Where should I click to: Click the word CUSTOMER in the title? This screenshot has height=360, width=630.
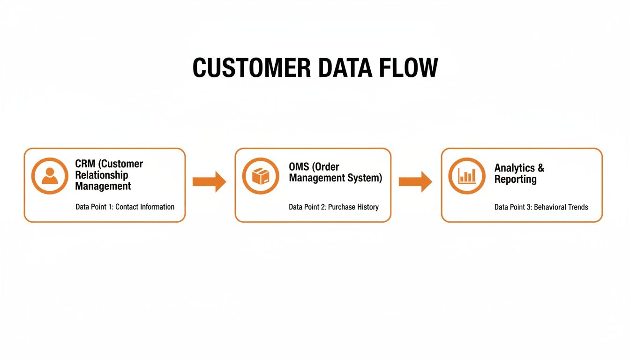(x=252, y=68)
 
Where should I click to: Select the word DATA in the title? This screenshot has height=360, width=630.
(x=341, y=68)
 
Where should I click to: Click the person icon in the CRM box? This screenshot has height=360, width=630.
(x=50, y=176)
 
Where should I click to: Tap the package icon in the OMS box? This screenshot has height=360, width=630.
(x=261, y=176)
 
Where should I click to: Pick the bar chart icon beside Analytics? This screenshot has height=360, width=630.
(x=467, y=176)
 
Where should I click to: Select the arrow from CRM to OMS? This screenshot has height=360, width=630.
(x=209, y=181)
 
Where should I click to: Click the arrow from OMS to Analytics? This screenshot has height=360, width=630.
(x=415, y=181)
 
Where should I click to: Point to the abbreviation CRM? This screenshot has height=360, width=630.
(x=85, y=164)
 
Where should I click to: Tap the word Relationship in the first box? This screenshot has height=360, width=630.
(x=101, y=175)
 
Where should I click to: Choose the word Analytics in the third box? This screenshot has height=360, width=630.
(x=514, y=168)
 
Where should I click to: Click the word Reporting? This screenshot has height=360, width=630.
(x=515, y=179)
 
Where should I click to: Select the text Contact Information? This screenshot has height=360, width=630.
(x=145, y=207)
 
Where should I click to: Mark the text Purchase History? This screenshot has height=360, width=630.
(x=353, y=207)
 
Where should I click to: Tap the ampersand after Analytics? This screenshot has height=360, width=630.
(x=540, y=168)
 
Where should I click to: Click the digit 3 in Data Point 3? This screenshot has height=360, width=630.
(x=529, y=207)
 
